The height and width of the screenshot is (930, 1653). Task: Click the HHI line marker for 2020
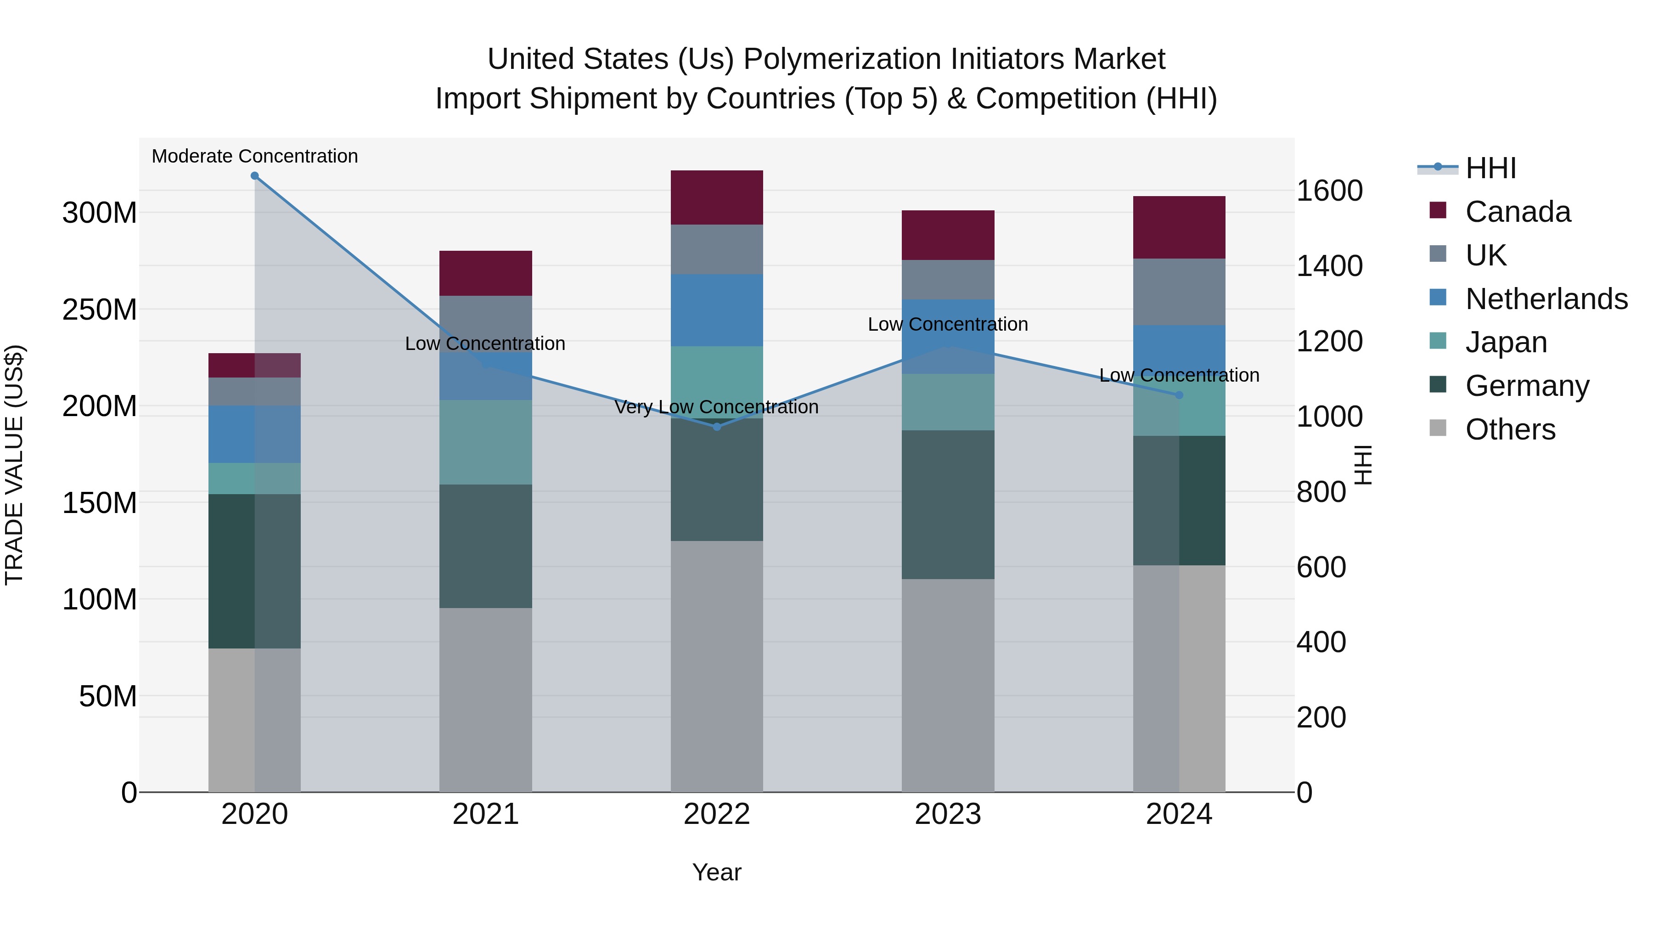pos(255,176)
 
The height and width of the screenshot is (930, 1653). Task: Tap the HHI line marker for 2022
pos(717,427)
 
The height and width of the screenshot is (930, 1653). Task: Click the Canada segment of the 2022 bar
pos(717,197)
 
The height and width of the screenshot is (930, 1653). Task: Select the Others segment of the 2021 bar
pos(486,699)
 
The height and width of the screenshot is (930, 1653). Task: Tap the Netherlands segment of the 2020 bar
pos(255,434)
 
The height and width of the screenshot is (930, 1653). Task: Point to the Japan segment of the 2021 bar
pos(486,442)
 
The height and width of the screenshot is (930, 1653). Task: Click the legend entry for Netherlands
pos(1546,299)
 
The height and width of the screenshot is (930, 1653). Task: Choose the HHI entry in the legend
pos(1490,168)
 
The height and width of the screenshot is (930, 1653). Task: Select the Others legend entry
pos(1510,429)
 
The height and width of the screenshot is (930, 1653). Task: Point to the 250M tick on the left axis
pos(100,310)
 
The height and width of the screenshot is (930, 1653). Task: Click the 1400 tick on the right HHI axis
pos(1330,266)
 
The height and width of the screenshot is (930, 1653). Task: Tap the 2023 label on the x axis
pos(948,814)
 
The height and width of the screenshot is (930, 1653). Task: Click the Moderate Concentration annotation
pos(255,156)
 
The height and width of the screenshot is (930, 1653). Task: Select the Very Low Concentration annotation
pos(716,407)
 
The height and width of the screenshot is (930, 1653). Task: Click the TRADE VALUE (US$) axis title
pos(14,465)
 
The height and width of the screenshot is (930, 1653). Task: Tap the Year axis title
pos(717,872)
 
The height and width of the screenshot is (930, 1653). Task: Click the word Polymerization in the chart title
pos(843,59)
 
